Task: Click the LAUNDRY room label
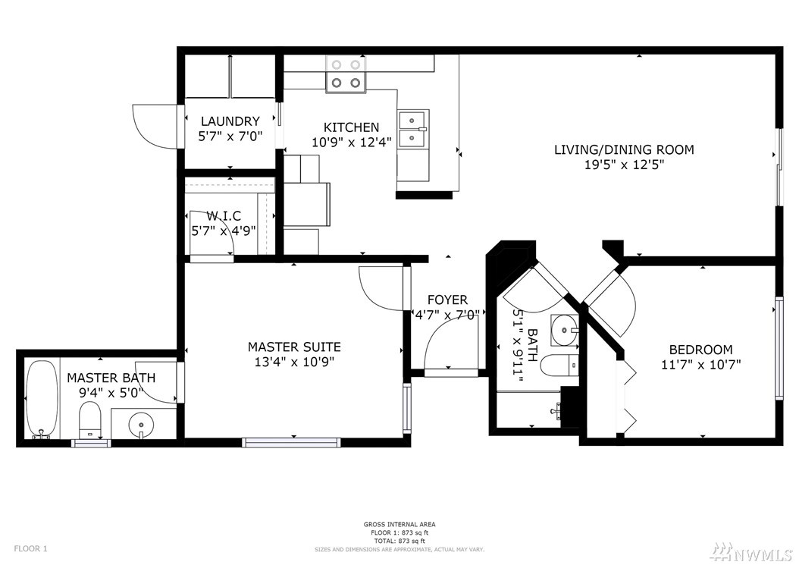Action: pos(230,121)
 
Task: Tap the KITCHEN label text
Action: pos(352,127)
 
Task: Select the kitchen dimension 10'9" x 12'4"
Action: pos(352,143)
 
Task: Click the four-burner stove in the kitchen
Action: pos(346,74)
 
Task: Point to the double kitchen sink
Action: pos(414,130)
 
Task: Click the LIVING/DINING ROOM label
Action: pos(624,149)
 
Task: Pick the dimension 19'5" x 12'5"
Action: pos(624,165)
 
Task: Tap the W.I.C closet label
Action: pos(224,216)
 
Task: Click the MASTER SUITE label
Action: pos(294,347)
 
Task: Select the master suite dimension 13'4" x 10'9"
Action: pos(294,362)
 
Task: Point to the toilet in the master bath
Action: pos(90,419)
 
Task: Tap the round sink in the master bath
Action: pos(141,423)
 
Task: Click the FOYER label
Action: pos(447,300)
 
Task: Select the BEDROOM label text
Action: pos(700,350)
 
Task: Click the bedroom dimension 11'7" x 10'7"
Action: pos(700,365)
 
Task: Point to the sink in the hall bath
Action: pos(565,329)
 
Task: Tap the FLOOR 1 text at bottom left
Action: pos(30,548)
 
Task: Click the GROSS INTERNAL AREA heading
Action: pos(399,524)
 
